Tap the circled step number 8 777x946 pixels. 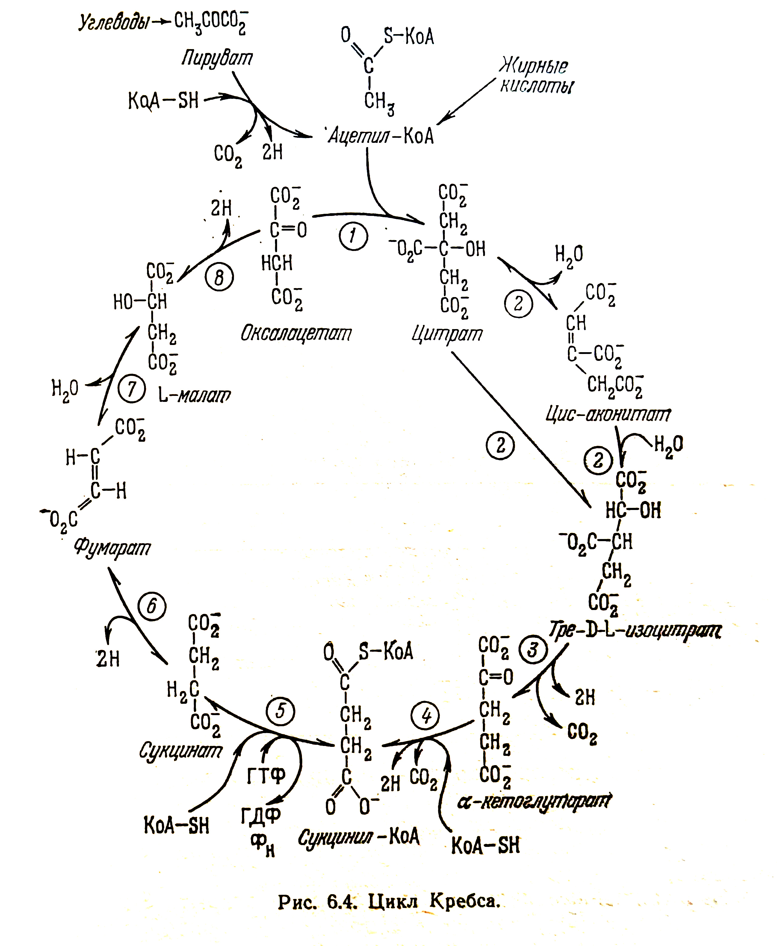click(219, 277)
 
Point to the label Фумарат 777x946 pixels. click(112, 548)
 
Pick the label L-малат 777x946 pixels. click(195, 395)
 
